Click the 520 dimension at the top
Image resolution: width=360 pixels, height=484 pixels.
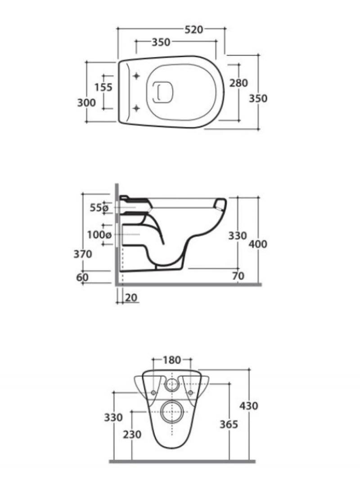(x=194, y=29)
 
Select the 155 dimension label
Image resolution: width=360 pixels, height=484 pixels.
(x=103, y=87)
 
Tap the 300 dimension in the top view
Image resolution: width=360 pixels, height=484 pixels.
(x=86, y=103)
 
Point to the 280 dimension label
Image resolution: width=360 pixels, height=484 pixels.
(x=238, y=83)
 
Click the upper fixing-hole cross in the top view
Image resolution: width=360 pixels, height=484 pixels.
(x=136, y=76)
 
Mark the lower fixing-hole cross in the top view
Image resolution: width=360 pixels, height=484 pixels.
(x=136, y=108)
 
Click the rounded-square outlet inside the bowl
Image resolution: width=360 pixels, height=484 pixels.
(x=163, y=92)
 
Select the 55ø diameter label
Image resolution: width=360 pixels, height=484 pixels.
(x=99, y=208)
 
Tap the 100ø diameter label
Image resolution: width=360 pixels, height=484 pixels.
(x=99, y=235)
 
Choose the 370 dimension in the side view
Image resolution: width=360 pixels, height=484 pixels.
(x=83, y=254)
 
